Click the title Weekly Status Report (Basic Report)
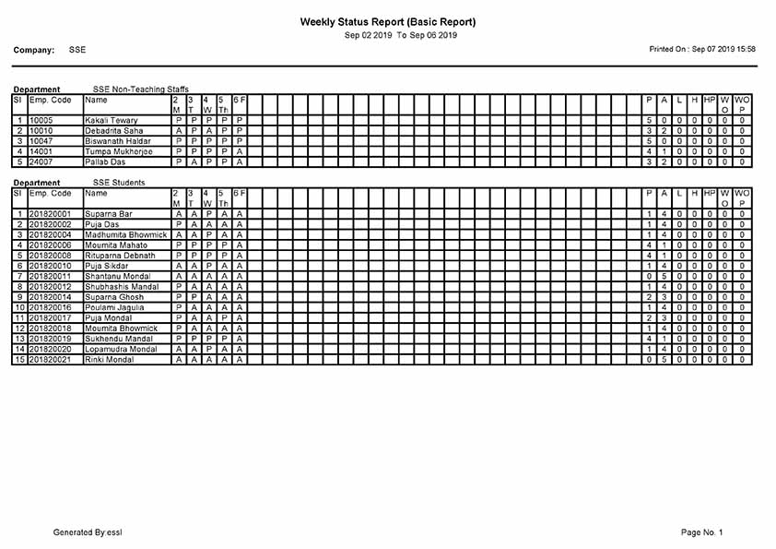coord(388,21)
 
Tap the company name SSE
coord(77,50)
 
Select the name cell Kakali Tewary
coord(112,121)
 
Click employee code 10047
coord(42,141)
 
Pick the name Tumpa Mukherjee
coord(117,151)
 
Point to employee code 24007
coord(42,162)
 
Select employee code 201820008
coord(51,256)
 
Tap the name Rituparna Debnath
coord(121,256)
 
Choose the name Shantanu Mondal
coord(116,277)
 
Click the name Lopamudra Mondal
coord(121,350)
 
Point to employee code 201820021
coord(51,360)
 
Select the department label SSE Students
coord(120,183)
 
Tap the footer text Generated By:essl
coord(88,532)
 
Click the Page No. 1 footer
coord(701,532)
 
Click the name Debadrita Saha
coord(114,131)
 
